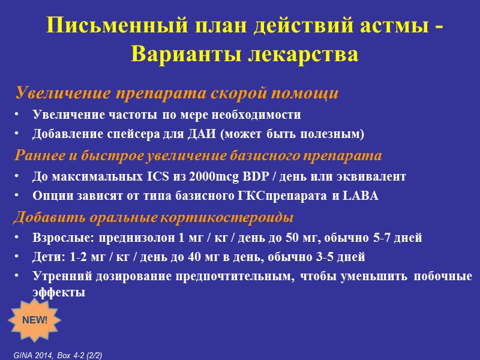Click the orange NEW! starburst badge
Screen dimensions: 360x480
point(35,319)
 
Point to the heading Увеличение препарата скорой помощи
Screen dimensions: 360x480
point(177,94)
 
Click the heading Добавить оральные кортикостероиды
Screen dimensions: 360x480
point(154,217)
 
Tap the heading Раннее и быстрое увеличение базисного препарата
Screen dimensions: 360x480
point(198,156)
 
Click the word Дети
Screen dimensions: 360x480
point(46,257)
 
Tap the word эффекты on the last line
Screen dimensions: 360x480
point(59,293)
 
